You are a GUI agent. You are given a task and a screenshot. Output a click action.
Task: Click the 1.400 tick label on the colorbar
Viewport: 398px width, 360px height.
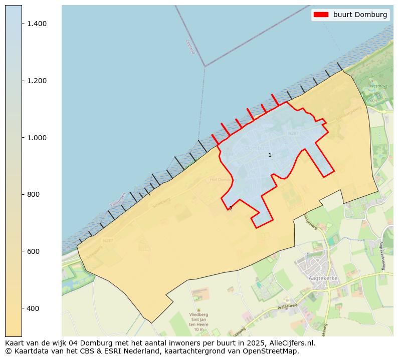coord(37,24)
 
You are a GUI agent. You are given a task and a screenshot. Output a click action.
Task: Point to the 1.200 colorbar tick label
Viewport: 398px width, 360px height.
coord(37,81)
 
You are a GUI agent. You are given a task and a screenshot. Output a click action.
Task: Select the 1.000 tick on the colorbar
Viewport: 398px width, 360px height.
coord(37,138)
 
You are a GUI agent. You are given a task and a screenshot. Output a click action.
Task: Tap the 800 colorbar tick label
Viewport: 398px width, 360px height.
coord(33,194)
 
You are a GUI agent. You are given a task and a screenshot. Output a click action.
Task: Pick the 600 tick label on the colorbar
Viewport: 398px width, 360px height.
coord(33,251)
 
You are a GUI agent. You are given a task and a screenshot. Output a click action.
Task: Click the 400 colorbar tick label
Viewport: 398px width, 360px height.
coord(33,308)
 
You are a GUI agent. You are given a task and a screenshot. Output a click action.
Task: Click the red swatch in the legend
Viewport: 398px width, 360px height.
coord(320,15)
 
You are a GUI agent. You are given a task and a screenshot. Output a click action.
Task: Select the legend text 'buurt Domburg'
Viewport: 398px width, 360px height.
coord(360,15)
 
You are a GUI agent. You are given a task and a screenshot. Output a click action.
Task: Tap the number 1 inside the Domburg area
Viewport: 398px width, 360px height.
coord(270,155)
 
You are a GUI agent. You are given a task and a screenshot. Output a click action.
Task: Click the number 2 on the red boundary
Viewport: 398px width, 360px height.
coord(231,208)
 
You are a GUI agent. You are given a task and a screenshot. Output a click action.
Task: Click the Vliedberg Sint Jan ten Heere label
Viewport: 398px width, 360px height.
coord(198,321)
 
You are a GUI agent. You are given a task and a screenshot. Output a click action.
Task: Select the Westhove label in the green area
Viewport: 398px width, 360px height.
coord(378,86)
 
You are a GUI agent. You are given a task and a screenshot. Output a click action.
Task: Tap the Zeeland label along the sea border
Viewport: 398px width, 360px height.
coord(189,47)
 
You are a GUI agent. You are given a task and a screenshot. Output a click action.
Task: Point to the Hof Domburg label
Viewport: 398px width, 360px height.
coord(221,180)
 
